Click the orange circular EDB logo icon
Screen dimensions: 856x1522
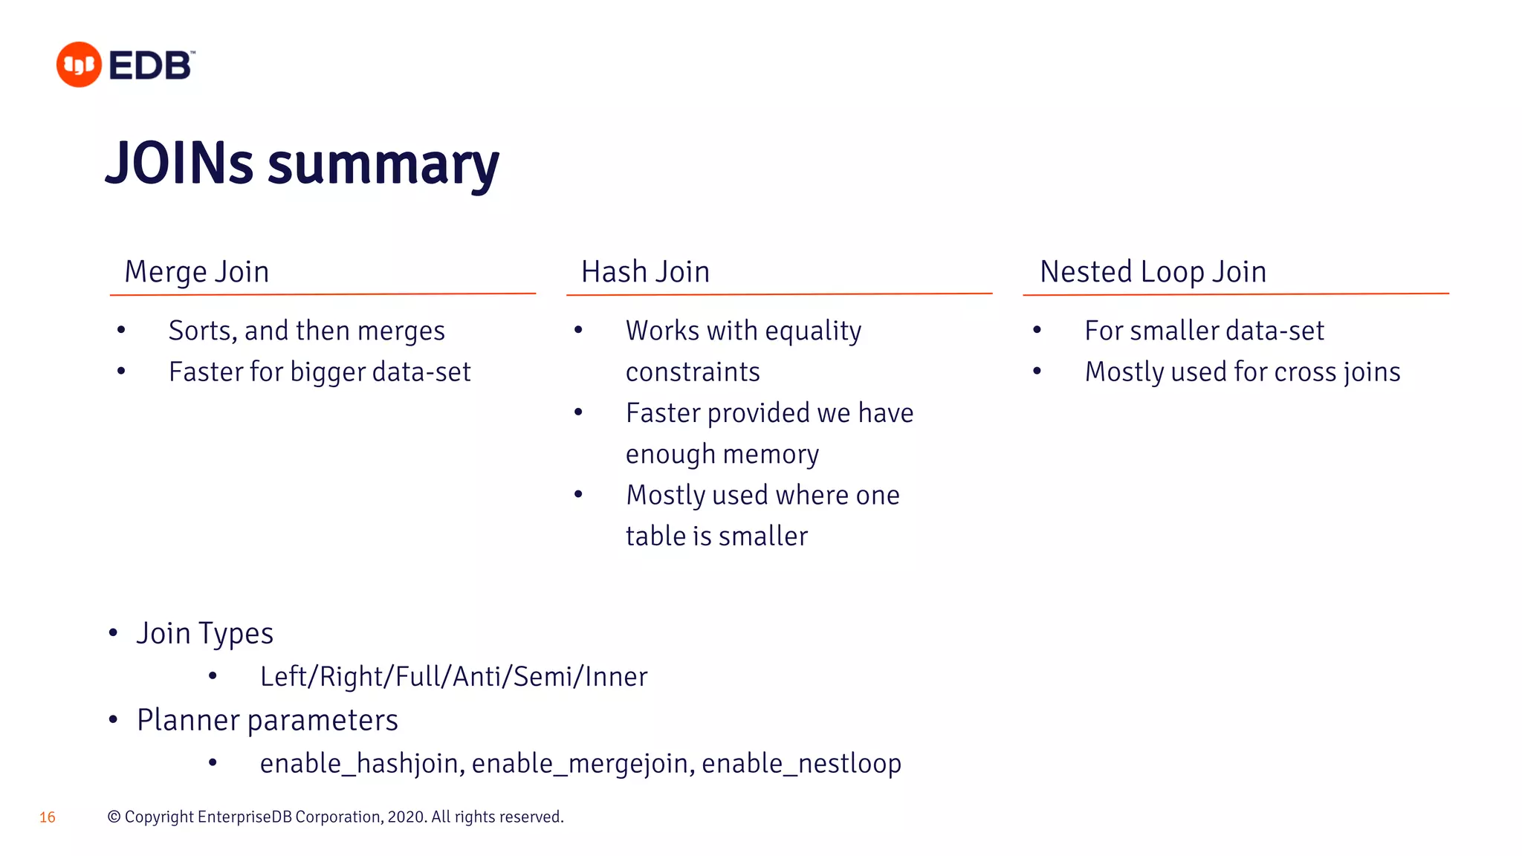click(x=79, y=65)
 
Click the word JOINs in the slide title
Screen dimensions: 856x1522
click(x=180, y=163)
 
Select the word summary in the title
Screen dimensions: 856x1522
click(x=383, y=165)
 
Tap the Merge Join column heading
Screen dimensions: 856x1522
click(x=196, y=272)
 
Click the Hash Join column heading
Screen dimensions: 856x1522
click(x=645, y=272)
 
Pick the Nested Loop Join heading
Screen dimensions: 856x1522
click(x=1153, y=272)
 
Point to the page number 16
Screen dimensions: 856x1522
click(x=48, y=817)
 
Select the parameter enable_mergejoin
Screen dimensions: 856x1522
click(x=580, y=764)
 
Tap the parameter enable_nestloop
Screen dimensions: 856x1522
click(x=801, y=764)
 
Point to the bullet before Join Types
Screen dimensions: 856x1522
click(x=113, y=633)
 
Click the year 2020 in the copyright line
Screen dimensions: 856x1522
click(x=406, y=817)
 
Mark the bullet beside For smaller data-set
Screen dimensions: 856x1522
click(x=1037, y=330)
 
